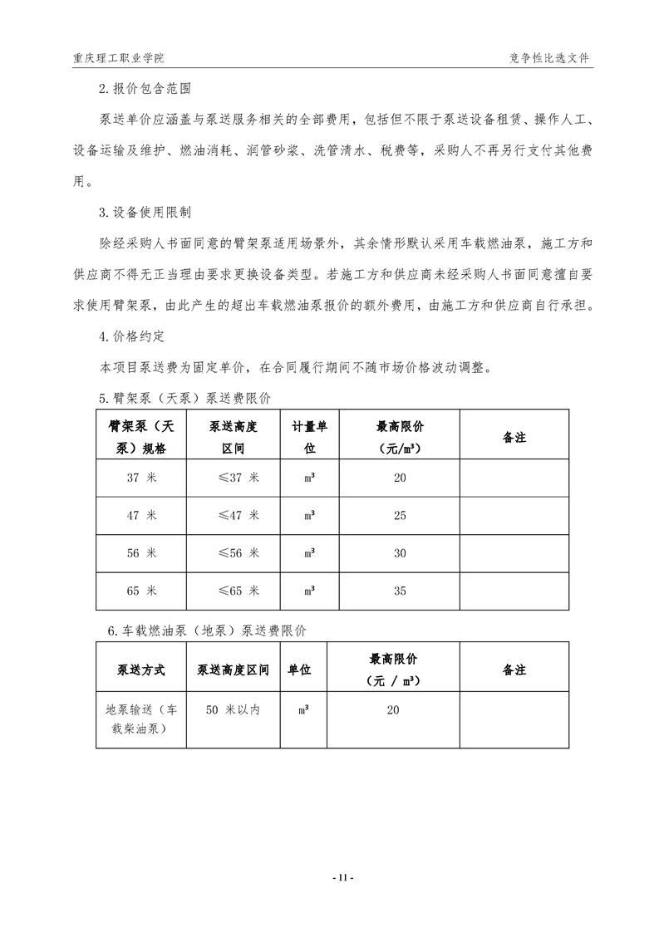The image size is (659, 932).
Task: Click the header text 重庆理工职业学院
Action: click(x=119, y=59)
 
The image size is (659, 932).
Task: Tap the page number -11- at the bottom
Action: click(x=342, y=877)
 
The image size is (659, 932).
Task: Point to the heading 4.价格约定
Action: click(x=133, y=337)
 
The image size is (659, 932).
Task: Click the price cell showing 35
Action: click(x=400, y=591)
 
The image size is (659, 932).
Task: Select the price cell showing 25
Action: click(x=400, y=516)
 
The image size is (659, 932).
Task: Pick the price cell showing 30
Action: click(x=400, y=553)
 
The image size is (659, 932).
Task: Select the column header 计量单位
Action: click(x=309, y=437)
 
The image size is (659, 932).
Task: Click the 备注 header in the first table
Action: click(x=514, y=437)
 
